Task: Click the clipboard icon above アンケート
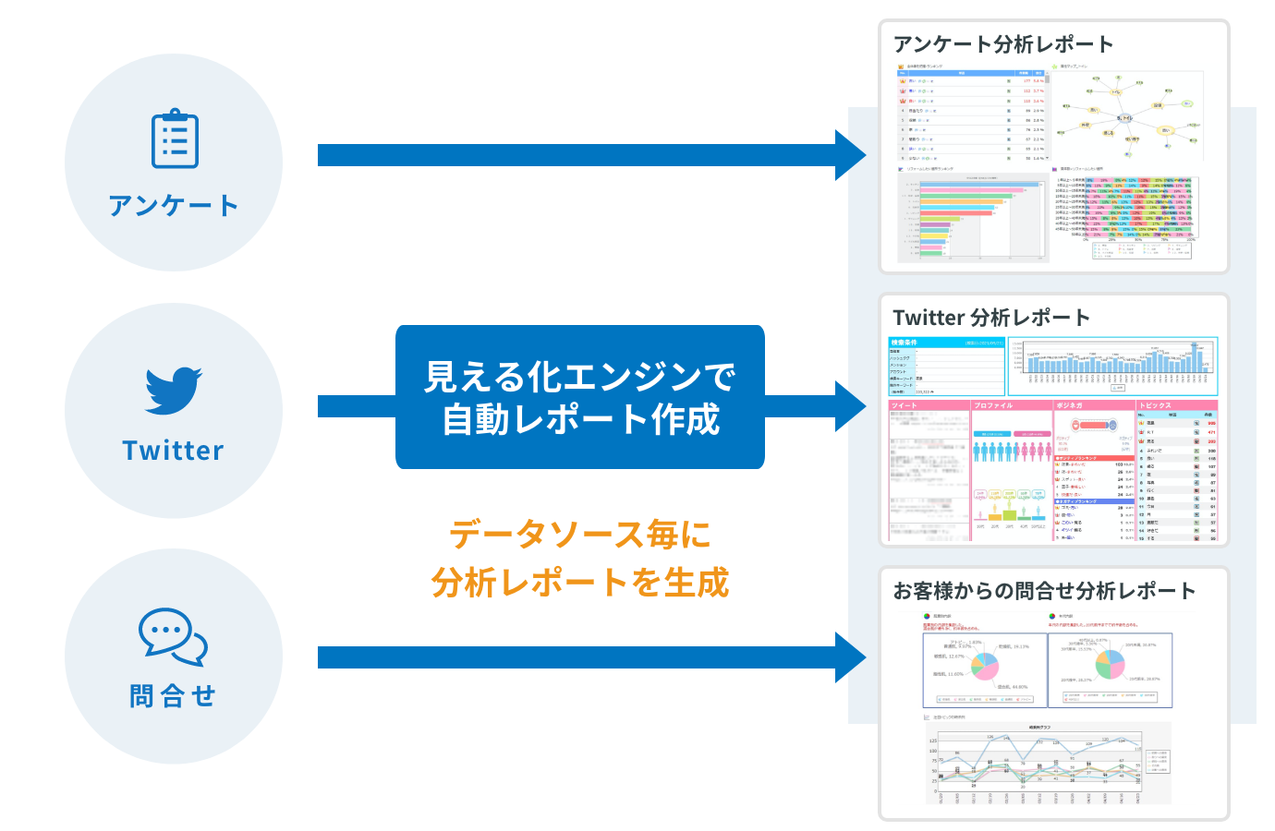[175, 139]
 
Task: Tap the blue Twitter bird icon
[174, 391]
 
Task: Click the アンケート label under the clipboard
[174, 205]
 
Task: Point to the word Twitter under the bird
[174, 451]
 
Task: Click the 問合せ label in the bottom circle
[174, 695]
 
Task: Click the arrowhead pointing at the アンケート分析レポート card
[850, 155]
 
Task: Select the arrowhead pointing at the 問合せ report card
[850, 657]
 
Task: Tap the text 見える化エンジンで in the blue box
[580, 377]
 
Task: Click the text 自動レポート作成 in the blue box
[580, 420]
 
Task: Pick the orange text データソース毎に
[580, 535]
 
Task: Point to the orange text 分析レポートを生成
[580, 583]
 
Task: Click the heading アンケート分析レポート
[1002, 44]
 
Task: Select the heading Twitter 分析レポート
[991, 318]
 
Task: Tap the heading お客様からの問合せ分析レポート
[1044, 591]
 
